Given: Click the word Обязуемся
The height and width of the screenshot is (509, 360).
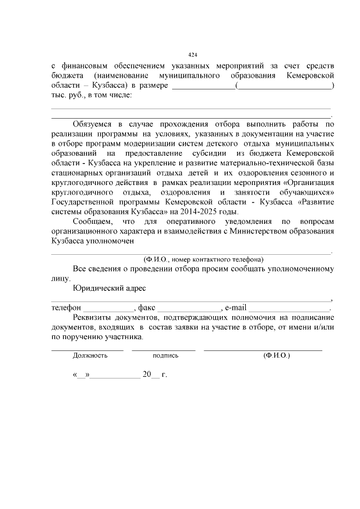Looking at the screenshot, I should (x=93, y=124).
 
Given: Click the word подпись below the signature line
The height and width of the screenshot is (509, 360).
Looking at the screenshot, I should (x=165, y=355).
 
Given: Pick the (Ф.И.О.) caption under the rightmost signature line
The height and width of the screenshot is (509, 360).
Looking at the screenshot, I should (x=276, y=355).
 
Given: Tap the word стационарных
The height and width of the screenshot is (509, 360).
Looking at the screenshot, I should (x=79, y=172).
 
